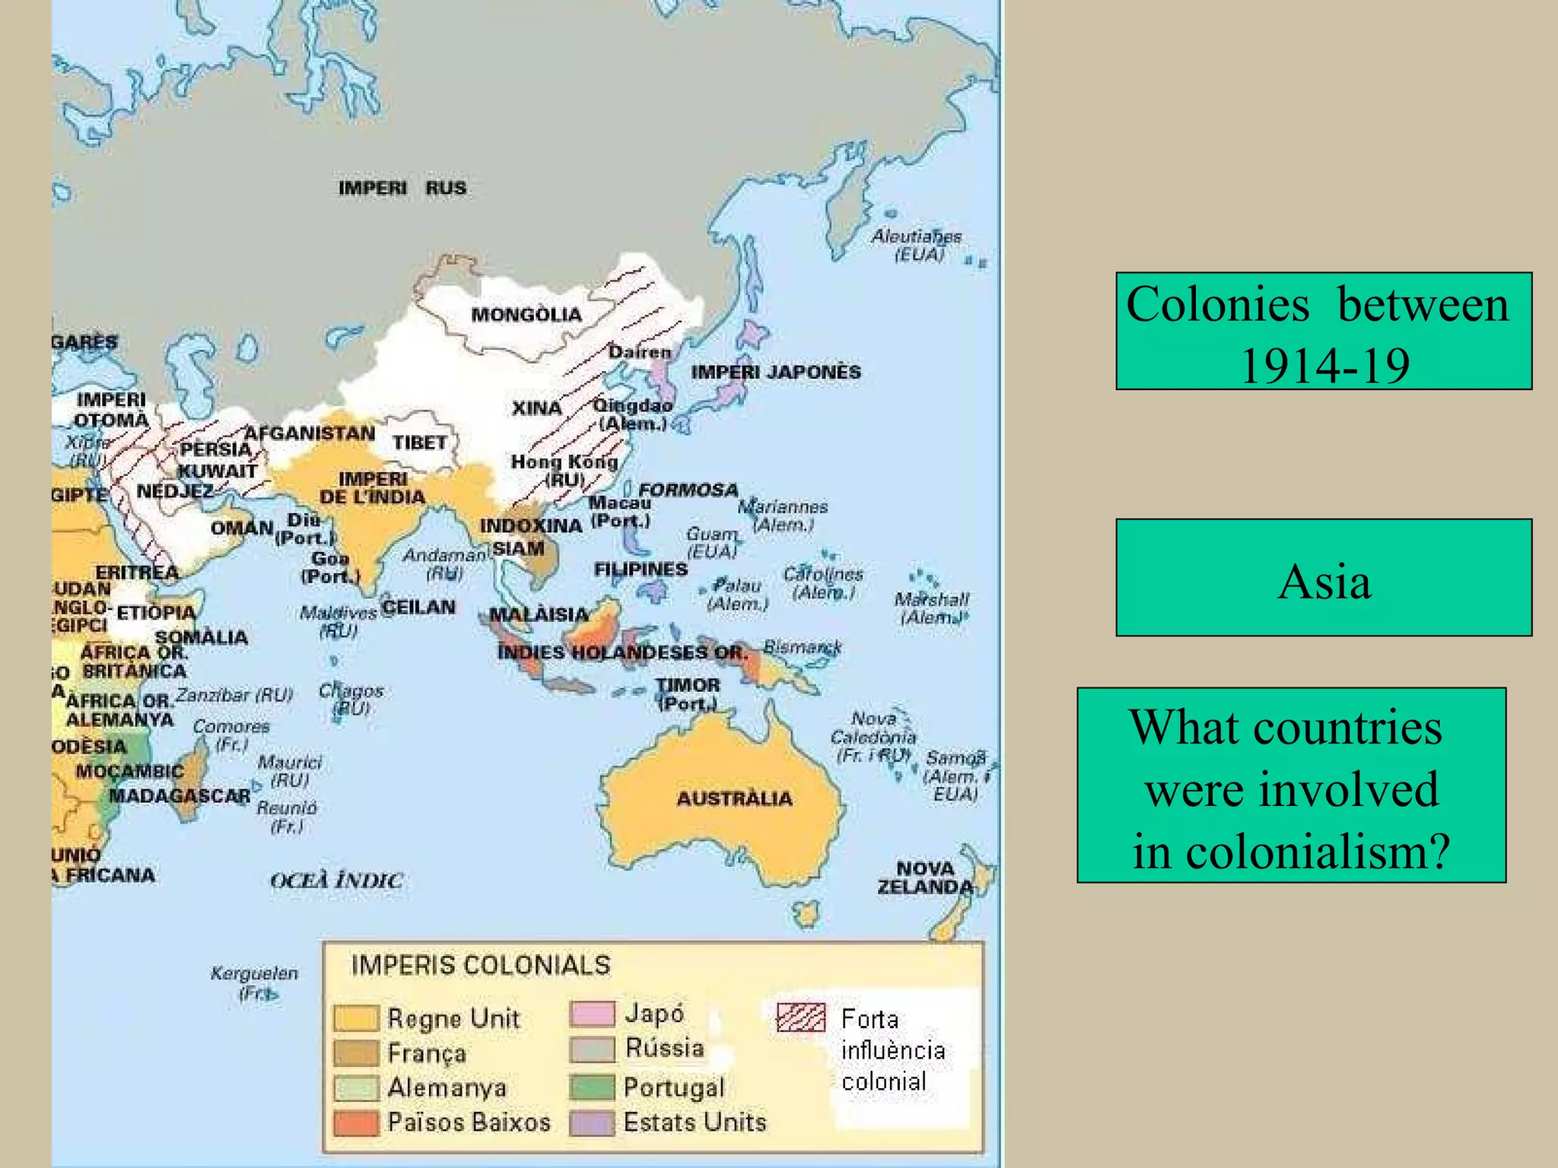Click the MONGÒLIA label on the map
(526, 315)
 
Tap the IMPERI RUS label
(402, 188)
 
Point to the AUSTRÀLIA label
(734, 798)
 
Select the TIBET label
(420, 443)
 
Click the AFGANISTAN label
(310, 433)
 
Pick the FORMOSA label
(688, 490)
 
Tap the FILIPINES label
(641, 570)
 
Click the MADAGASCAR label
(180, 796)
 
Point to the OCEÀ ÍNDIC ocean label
(336, 881)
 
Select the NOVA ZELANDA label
(925, 878)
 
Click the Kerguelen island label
(254, 973)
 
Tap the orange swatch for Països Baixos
(356, 1123)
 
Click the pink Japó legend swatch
(592, 1014)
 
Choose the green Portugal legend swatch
(592, 1087)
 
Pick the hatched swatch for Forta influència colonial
(800, 1017)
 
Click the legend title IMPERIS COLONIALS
(481, 966)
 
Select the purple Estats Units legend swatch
(592, 1123)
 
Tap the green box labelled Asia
(1324, 578)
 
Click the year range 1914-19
(1324, 366)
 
